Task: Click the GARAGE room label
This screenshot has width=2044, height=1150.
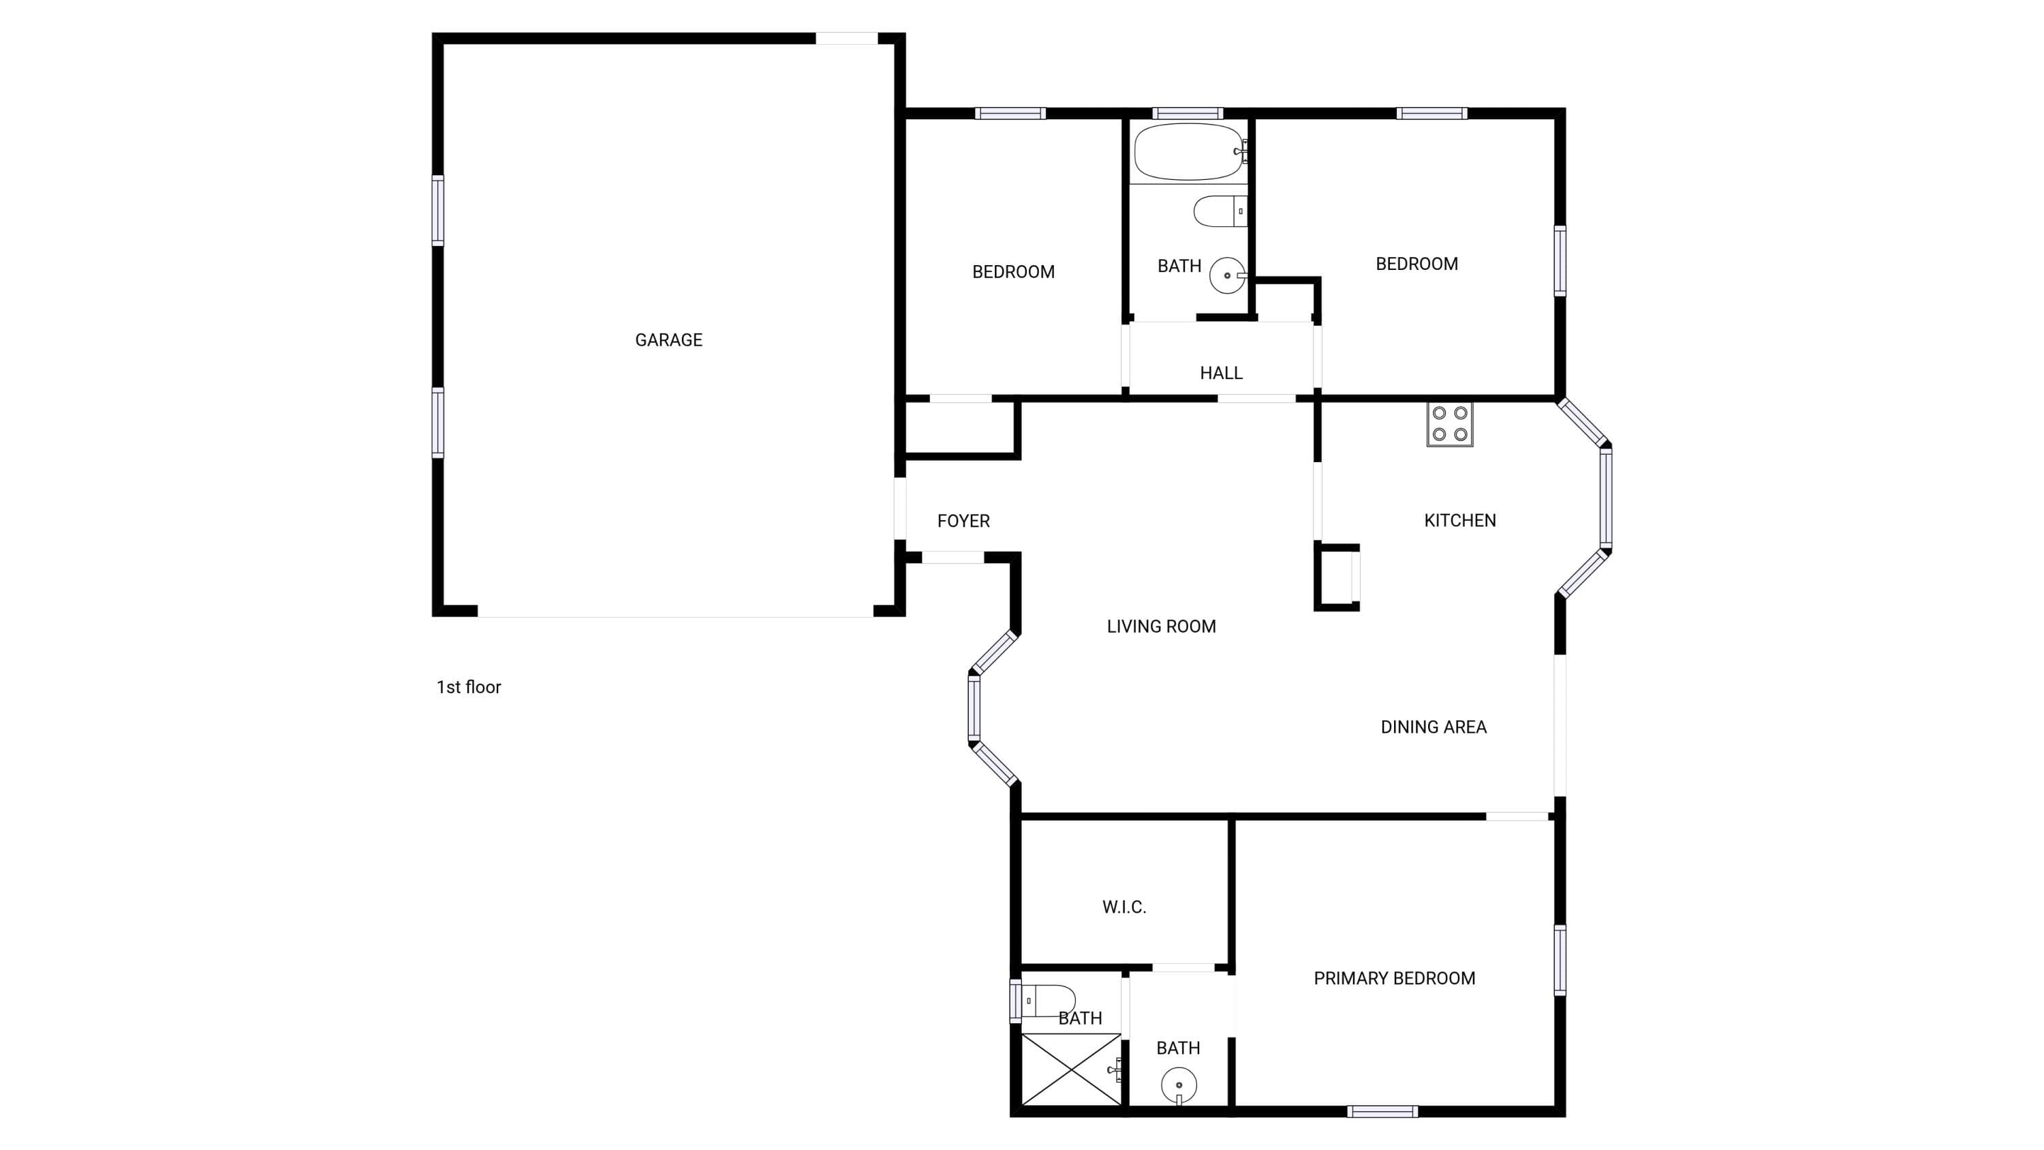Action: click(x=668, y=339)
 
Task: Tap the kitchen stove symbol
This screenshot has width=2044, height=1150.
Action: click(x=1450, y=425)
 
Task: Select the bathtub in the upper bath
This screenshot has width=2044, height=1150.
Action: click(x=1190, y=151)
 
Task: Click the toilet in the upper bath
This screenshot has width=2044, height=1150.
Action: click(x=1220, y=211)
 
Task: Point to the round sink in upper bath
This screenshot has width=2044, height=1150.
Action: click(x=1228, y=275)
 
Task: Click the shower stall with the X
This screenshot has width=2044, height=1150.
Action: click(x=1071, y=1069)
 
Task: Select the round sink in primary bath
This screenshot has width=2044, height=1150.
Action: click(x=1179, y=1086)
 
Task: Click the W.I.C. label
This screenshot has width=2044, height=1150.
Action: click(x=1124, y=907)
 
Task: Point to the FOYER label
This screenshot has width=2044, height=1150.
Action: click(x=963, y=521)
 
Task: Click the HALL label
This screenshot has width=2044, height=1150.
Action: click(x=1221, y=373)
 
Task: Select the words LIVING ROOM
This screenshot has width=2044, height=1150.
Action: click(x=1161, y=626)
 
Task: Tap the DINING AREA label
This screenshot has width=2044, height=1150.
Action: click(x=1433, y=727)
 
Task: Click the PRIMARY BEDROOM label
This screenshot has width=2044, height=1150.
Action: click(x=1394, y=979)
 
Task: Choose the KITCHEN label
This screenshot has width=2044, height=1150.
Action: click(x=1460, y=521)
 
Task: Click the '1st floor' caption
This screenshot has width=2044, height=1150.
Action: click(x=468, y=687)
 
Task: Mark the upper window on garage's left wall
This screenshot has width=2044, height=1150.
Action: click(x=437, y=211)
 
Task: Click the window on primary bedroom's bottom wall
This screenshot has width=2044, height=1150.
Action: click(x=1382, y=1111)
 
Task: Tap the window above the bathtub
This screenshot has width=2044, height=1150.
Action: click(x=1187, y=113)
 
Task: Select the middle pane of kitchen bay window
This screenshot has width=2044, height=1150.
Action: click(x=1606, y=498)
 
